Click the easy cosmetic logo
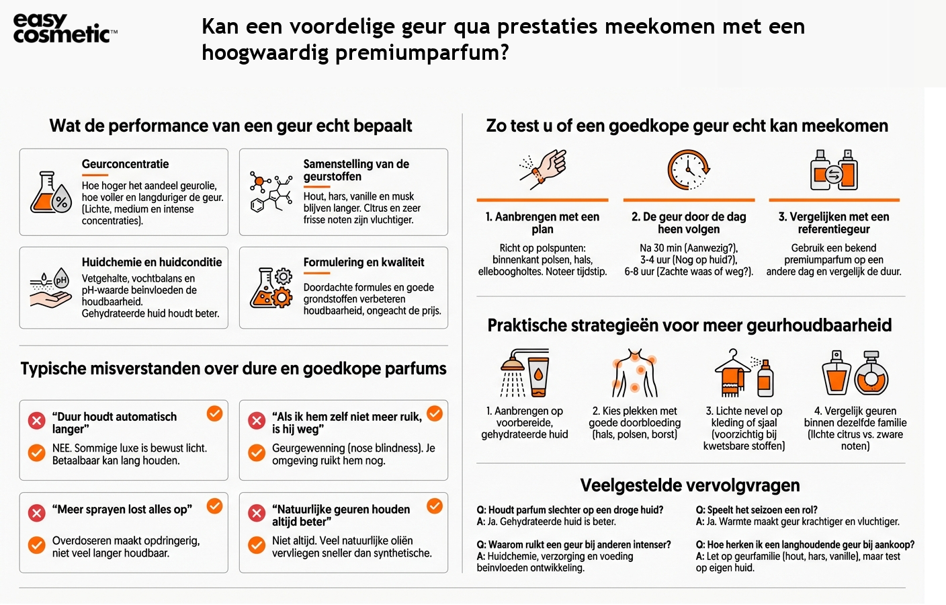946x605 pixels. pyautogui.click(x=64, y=28)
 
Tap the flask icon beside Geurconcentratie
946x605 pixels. pyautogui.click(x=50, y=192)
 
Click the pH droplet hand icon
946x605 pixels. pyautogui.click(x=50, y=288)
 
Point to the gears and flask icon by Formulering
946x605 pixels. pyautogui.click(x=271, y=288)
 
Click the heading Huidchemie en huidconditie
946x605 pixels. pyautogui.click(x=152, y=262)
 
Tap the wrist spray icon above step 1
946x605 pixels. pyautogui.click(x=543, y=167)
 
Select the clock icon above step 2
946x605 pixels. pyautogui.click(x=689, y=169)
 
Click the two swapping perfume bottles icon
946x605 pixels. pyautogui.click(x=834, y=169)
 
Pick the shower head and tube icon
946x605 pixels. pyautogui.click(x=525, y=372)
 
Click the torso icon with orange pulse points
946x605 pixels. pyautogui.click(x=634, y=372)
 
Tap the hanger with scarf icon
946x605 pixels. pyautogui.click(x=744, y=372)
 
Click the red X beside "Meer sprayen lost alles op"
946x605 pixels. pyautogui.click(x=36, y=513)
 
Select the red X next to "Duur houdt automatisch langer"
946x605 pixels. pyautogui.click(x=36, y=421)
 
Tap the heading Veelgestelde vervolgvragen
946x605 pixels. pyautogui.click(x=690, y=485)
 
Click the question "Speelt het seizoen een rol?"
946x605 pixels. pyautogui.click(x=757, y=510)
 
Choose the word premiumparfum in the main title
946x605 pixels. pyautogui.click(x=421, y=52)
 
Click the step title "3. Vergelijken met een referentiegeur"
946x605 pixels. pyautogui.click(x=834, y=223)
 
